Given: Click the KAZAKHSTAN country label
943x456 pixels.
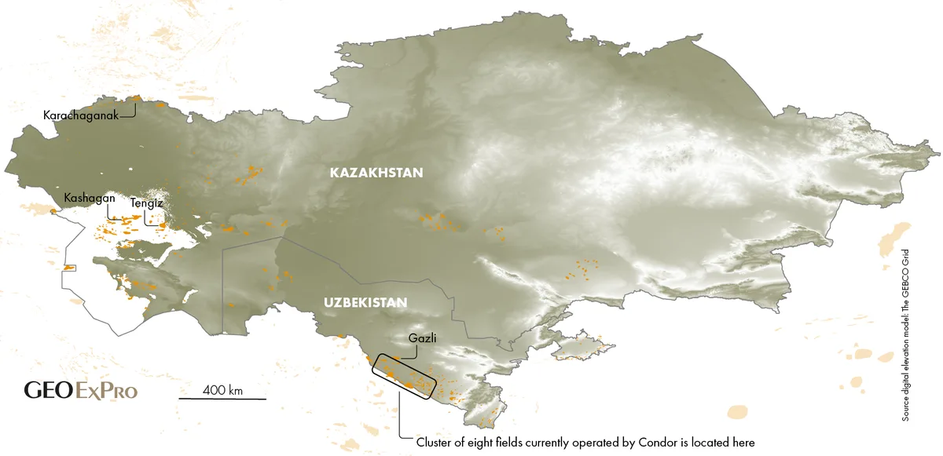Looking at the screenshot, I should tap(376, 173).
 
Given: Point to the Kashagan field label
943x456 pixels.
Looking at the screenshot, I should tap(90, 198).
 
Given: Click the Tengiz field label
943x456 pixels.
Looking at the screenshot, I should tap(146, 203).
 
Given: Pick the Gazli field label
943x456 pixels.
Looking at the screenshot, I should tap(422, 339).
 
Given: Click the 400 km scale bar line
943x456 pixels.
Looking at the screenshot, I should tap(222, 399).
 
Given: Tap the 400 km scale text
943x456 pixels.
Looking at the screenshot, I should tap(222, 389).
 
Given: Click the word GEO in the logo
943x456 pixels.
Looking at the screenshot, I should tap(49, 390).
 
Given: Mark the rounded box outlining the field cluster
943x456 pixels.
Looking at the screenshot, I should tap(402, 377).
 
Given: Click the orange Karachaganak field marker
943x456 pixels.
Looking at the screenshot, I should tap(134, 99).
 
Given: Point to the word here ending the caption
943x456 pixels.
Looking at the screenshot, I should tap(742, 443).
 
